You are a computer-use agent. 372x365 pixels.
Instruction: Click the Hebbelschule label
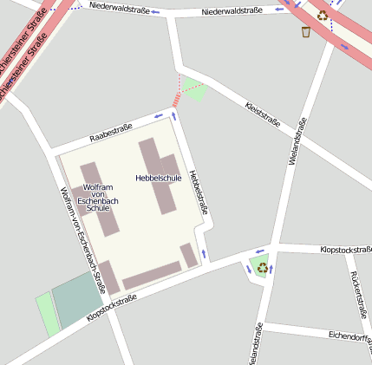click(158, 178)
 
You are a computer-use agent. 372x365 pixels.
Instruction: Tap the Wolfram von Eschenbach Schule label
click(97, 198)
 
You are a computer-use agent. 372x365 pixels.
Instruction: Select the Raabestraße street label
click(110, 132)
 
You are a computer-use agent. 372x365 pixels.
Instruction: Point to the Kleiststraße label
click(263, 116)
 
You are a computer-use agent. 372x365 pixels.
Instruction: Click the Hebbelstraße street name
click(199, 191)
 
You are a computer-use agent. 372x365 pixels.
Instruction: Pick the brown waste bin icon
click(306, 32)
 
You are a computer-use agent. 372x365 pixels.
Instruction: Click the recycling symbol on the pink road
click(323, 14)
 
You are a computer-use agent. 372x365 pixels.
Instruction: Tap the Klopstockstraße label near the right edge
click(345, 249)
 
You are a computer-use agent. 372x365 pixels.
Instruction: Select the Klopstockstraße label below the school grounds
click(112, 310)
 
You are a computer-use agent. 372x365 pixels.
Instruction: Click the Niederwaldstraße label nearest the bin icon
click(232, 11)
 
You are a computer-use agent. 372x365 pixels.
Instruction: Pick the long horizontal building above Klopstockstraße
click(152, 276)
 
